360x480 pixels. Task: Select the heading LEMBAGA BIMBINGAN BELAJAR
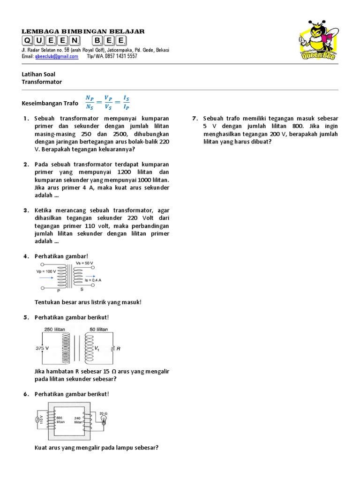tap(83, 31)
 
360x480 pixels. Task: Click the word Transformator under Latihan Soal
tap(42, 82)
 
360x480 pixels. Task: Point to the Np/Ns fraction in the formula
tap(90, 102)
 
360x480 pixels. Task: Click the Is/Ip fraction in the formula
tap(126, 102)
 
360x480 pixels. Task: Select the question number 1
tap(26, 119)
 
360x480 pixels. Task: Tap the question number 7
tap(195, 119)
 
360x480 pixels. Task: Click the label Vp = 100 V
tap(46, 271)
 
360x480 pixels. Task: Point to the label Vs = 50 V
tap(84, 263)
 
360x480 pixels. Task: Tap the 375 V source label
tap(43, 348)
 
